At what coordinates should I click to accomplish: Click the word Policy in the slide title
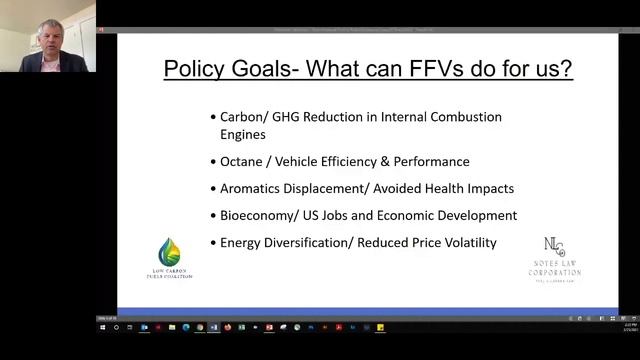point(194,70)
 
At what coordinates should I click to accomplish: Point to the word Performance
point(431,161)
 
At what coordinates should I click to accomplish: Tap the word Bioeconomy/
point(261,215)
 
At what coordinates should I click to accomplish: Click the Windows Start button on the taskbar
point(103,327)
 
